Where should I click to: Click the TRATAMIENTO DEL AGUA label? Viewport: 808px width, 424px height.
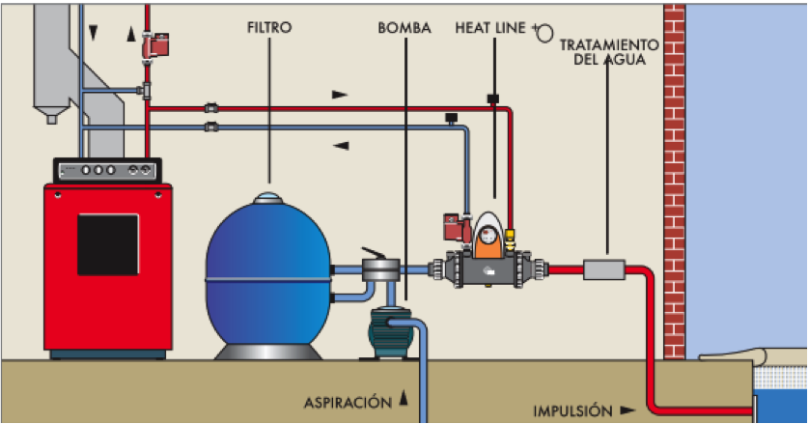click(x=609, y=52)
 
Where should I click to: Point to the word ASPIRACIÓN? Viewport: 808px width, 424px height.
click(x=345, y=401)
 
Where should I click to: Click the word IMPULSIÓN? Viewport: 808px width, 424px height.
click(x=572, y=410)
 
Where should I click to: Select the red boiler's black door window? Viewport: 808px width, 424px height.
click(x=107, y=244)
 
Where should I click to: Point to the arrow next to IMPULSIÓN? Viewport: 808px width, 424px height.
click(x=628, y=410)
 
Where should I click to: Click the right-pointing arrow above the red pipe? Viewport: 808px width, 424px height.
click(x=339, y=95)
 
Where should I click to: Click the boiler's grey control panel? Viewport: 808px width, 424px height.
click(x=106, y=170)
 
